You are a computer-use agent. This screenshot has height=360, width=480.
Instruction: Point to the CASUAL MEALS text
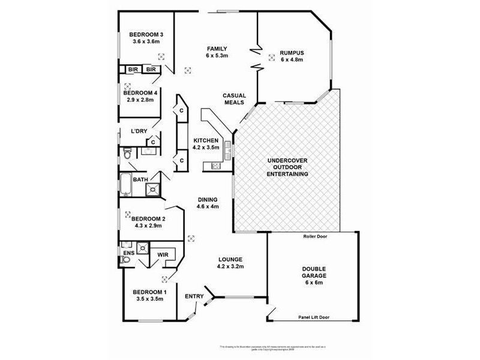pos(233,99)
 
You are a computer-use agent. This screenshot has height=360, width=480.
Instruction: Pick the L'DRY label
pos(139,131)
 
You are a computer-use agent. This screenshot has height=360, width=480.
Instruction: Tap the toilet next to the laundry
pos(127,155)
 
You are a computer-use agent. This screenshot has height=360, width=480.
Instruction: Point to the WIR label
pos(163,254)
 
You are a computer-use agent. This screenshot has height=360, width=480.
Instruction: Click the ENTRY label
pos(194,296)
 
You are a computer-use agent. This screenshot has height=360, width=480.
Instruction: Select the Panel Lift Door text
pos(314,317)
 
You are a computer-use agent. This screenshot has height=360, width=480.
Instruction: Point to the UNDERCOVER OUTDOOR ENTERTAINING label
pos(287,167)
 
